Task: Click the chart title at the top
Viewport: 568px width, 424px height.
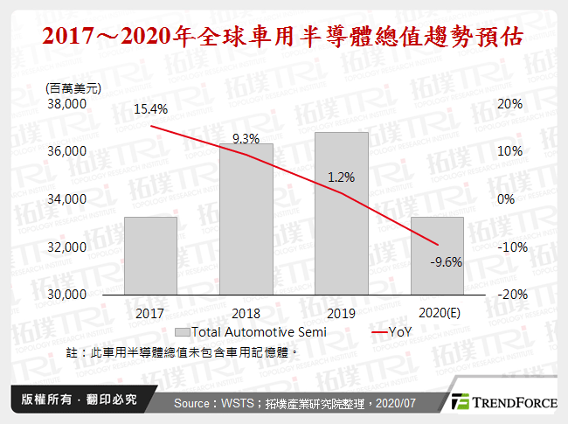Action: [284, 38]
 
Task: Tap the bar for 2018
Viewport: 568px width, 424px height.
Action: [246, 219]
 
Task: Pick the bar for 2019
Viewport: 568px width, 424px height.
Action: [341, 213]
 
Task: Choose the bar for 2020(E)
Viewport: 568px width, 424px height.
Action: [437, 255]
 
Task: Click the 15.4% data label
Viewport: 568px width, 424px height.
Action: [150, 110]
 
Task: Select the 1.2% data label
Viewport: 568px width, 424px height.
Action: [341, 177]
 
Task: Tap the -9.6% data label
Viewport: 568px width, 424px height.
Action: [446, 260]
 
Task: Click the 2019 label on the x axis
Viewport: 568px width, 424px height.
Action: [341, 312]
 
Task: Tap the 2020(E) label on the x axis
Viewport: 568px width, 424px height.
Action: [437, 312]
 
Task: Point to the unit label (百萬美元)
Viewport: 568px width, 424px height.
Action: [73, 87]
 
